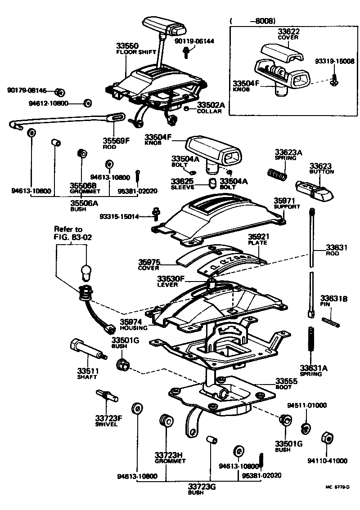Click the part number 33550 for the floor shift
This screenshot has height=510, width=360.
pyautogui.click(x=127, y=46)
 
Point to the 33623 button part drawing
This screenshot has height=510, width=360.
pyautogui.click(x=314, y=189)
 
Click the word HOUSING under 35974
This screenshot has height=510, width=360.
pyautogui.click(x=130, y=328)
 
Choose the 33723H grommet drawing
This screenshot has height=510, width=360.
pyautogui.click(x=166, y=421)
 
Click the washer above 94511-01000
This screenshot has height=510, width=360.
pyautogui.click(x=306, y=428)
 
